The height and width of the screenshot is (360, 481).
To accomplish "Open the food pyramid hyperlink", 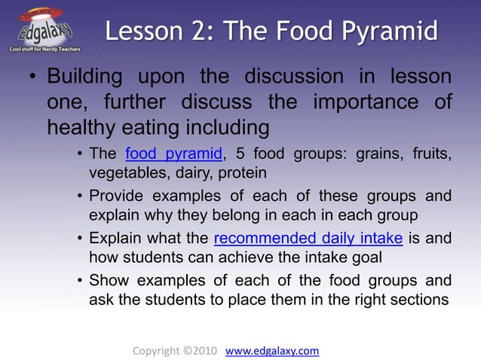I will [x=173, y=154].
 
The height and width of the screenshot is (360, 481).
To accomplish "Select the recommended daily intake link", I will [x=308, y=239].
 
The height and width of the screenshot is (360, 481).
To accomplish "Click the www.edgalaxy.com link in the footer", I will [x=272, y=350].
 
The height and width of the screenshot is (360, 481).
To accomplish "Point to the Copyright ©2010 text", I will [x=175, y=350].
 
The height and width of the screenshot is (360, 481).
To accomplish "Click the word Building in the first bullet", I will [x=87, y=78].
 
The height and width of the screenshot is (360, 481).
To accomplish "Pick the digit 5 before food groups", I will [x=240, y=154].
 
